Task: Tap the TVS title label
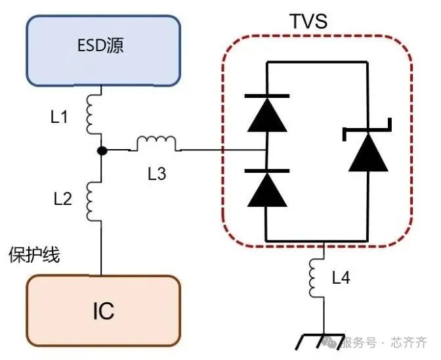tap(308, 22)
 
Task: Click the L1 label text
tap(60, 118)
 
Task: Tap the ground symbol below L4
tap(322, 342)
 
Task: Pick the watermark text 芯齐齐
tap(409, 342)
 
